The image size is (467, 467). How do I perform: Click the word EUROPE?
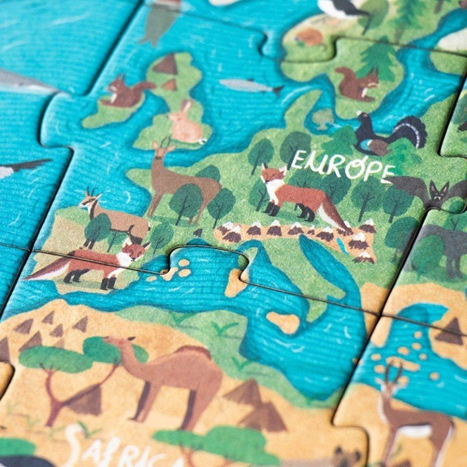click(x=342, y=165)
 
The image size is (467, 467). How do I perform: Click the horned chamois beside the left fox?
click(x=107, y=214)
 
